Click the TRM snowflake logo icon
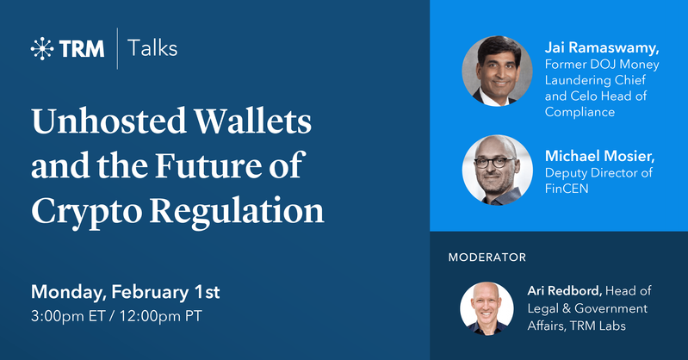point(42,48)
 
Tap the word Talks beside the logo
point(152,48)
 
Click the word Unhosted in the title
point(109,121)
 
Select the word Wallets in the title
point(253,121)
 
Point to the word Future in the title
point(208,165)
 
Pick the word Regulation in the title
point(237,212)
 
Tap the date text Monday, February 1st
point(126,292)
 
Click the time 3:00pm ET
point(68,316)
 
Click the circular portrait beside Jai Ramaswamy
point(497,71)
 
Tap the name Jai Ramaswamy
point(602,47)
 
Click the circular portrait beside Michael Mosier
point(498,170)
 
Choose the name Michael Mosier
point(600,156)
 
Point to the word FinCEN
point(567,189)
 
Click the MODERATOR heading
point(487,258)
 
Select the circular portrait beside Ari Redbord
point(487,308)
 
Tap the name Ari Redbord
point(565,290)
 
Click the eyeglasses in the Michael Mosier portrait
point(494,163)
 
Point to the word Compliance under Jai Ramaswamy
point(580,112)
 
